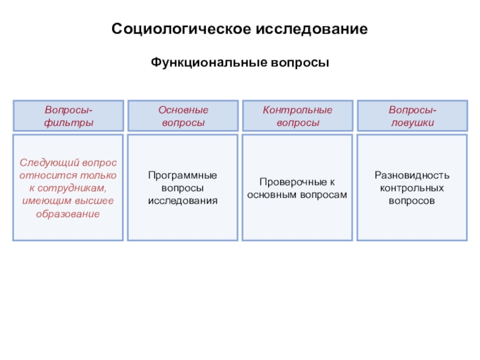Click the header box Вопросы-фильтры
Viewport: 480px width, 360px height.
[68, 116]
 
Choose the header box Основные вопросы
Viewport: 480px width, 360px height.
[183, 116]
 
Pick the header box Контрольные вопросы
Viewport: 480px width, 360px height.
[298, 116]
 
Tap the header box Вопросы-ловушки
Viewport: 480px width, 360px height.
[412, 116]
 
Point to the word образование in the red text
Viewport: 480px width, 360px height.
[68, 214]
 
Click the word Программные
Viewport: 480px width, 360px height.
[183, 175]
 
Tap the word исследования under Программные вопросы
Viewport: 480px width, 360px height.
[183, 200]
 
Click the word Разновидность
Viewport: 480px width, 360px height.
[412, 175]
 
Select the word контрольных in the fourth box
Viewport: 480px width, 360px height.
[412, 188]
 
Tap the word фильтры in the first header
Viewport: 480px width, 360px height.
[68, 122]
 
